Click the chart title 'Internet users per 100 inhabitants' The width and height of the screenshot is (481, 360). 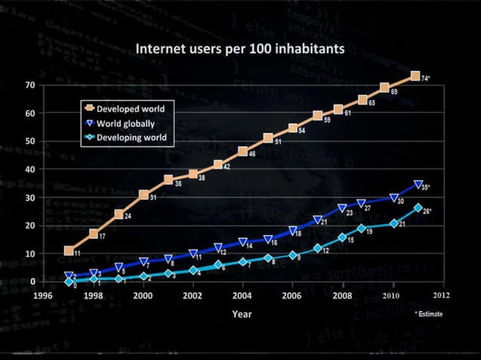click(240, 49)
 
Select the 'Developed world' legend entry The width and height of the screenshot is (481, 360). click(130, 109)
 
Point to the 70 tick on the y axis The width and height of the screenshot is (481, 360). click(31, 84)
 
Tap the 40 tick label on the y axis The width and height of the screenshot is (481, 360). click(31, 169)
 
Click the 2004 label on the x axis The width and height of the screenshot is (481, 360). click(243, 295)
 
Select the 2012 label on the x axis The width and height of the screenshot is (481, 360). click(441, 295)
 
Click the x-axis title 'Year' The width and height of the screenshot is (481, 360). click(242, 313)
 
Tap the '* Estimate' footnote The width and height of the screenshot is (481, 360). click(429, 314)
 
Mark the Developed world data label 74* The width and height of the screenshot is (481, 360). click(425, 78)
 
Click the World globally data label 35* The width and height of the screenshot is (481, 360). click(425, 187)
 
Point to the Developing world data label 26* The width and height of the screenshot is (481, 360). click(426, 211)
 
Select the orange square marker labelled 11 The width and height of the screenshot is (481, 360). click(69, 251)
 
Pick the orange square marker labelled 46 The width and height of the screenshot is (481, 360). click(243, 151)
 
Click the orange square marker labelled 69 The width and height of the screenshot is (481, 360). click(384, 87)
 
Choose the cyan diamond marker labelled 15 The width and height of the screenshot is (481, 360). click(342, 238)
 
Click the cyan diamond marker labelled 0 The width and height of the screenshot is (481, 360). click(69, 282)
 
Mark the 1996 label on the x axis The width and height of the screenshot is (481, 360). click(44, 295)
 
